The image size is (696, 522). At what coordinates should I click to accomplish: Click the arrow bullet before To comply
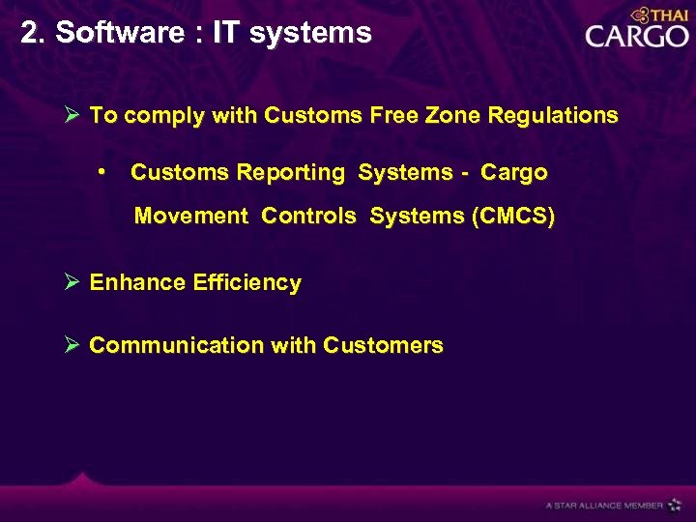72,116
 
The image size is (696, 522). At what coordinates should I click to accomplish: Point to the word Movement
191,216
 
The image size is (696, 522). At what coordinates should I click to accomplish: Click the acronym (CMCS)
512,216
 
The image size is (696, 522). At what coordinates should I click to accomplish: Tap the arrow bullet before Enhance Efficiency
72,282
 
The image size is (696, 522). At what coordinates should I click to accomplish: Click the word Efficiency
246,283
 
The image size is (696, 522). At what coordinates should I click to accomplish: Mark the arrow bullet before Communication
72,345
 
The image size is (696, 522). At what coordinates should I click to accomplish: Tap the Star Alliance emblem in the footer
675,505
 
